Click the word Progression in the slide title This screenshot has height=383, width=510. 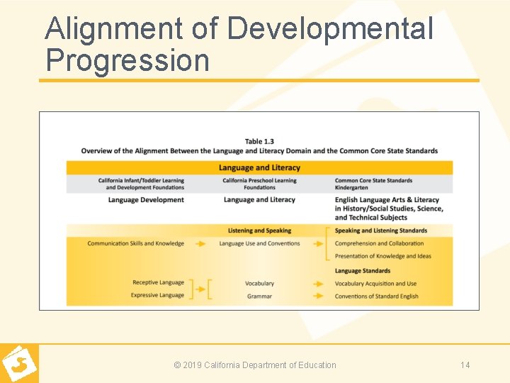point(127,60)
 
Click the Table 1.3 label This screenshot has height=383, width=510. point(259,141)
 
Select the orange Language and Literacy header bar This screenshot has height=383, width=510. point(259,167)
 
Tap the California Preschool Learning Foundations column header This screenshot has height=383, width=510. point(259,184)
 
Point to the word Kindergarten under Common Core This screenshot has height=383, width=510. point(351,188)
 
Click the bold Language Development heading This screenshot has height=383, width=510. point(146,200)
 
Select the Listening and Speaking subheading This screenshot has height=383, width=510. point(259,231)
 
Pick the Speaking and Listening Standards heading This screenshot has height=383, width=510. point(381,231)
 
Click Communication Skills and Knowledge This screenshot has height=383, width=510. point(135,243)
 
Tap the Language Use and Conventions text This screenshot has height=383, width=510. point(259,243)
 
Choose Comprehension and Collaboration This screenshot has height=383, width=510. point(379,243)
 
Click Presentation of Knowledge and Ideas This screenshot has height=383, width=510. point(382,256)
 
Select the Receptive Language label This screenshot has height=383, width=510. point(158,282)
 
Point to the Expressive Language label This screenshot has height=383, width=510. point(157,295)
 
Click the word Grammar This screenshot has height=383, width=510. point(259,296)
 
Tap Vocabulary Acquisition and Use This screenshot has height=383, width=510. point(375,284)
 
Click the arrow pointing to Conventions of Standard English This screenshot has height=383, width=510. point(319,296)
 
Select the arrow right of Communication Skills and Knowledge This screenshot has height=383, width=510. point(201,243)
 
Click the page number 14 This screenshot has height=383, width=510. point(465,365)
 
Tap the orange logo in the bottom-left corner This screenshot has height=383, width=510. point(19,364)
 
